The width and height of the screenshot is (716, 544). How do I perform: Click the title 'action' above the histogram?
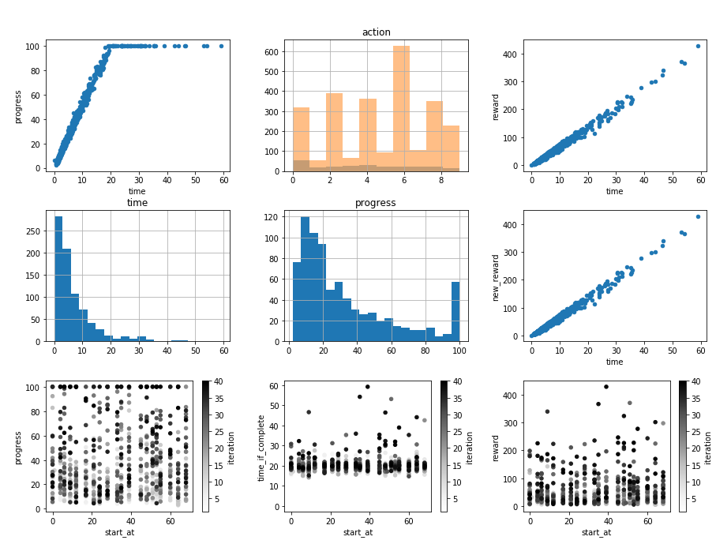pyautogui.click(x=376, y=32)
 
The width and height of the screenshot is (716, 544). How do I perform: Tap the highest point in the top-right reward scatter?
pyautogui.click(x=698, y=46)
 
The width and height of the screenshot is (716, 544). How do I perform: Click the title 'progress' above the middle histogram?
pyautogui.click(x=376, y=203)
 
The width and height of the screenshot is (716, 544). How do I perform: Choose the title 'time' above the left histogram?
pyautogui.click(x=137, y=203)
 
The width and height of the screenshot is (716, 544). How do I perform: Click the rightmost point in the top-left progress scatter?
pyautogui.click(x=221, y=46)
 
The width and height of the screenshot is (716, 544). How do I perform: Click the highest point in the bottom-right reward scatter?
pyautogui.click(x=606, y=387)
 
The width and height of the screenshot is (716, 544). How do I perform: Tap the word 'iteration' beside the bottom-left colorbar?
pyautogui.click(x=231, y=446)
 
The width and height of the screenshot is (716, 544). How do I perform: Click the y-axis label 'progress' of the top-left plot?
pyautogui.click(x=18, y=106)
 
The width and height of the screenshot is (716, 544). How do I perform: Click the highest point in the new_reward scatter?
pyautogui.click(x=698, y=216)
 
